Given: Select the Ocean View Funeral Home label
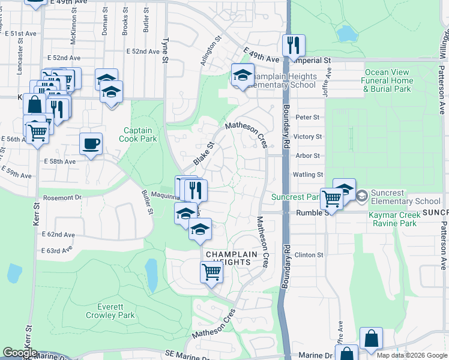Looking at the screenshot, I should click(x=388, y=80).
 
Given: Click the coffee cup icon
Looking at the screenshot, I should click(x=91, y=143).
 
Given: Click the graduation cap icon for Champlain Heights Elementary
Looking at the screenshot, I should click(x=243, y=75).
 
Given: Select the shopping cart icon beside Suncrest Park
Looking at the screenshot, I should click(x=331, y=199).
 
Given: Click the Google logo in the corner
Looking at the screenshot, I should click(x=20, y=353).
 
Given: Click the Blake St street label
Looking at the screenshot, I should click(x=204, y=154).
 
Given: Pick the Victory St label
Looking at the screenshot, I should click(x=309, y=137).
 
